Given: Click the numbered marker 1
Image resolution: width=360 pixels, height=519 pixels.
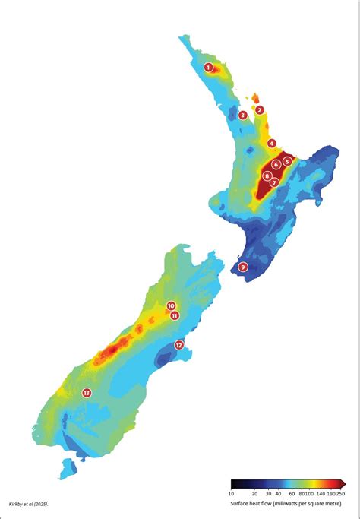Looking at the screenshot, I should (207, 67).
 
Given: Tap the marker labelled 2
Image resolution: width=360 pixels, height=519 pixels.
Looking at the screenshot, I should (260, 110).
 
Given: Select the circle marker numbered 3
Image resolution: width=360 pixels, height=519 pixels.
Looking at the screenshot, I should (242, 116).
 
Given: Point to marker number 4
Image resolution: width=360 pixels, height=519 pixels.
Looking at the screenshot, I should (271, 143).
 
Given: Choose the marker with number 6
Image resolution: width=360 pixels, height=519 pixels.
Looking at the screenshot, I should (276, 164).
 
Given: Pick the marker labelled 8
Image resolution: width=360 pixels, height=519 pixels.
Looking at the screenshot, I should (267, 176).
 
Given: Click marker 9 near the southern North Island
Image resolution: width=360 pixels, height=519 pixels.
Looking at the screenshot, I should (243, 267).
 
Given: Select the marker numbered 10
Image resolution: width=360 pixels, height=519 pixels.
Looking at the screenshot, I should (171, 305).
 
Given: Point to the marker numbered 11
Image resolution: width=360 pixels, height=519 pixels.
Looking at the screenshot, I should (175, 315).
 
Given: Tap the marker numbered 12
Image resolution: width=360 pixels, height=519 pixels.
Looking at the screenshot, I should (179, 344).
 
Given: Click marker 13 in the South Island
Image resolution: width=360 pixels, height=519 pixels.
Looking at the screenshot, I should (87, 392).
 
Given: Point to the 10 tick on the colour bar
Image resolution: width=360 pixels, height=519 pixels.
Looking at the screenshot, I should (231, 492).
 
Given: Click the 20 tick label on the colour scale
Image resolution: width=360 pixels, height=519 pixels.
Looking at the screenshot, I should (255, 492).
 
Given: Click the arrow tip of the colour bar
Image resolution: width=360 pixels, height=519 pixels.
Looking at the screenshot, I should (345, 483).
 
